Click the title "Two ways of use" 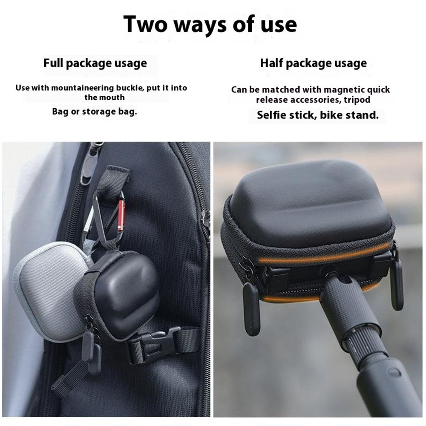pyautogui.click(x=210, y=24)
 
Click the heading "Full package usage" pyautogui.click(x=95, y=63)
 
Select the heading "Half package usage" pyautogui.click(x=314, y=63)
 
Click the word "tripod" pyautogui.click(x=357, y=100)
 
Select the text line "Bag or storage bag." pyautogui.click(x=95, y=112)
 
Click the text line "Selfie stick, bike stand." pyautogui.click(x=318, y=115)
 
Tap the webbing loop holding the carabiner pyautogui.click(x=114, y=179)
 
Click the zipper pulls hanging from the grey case pyautogui.click(x=92, y=353)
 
